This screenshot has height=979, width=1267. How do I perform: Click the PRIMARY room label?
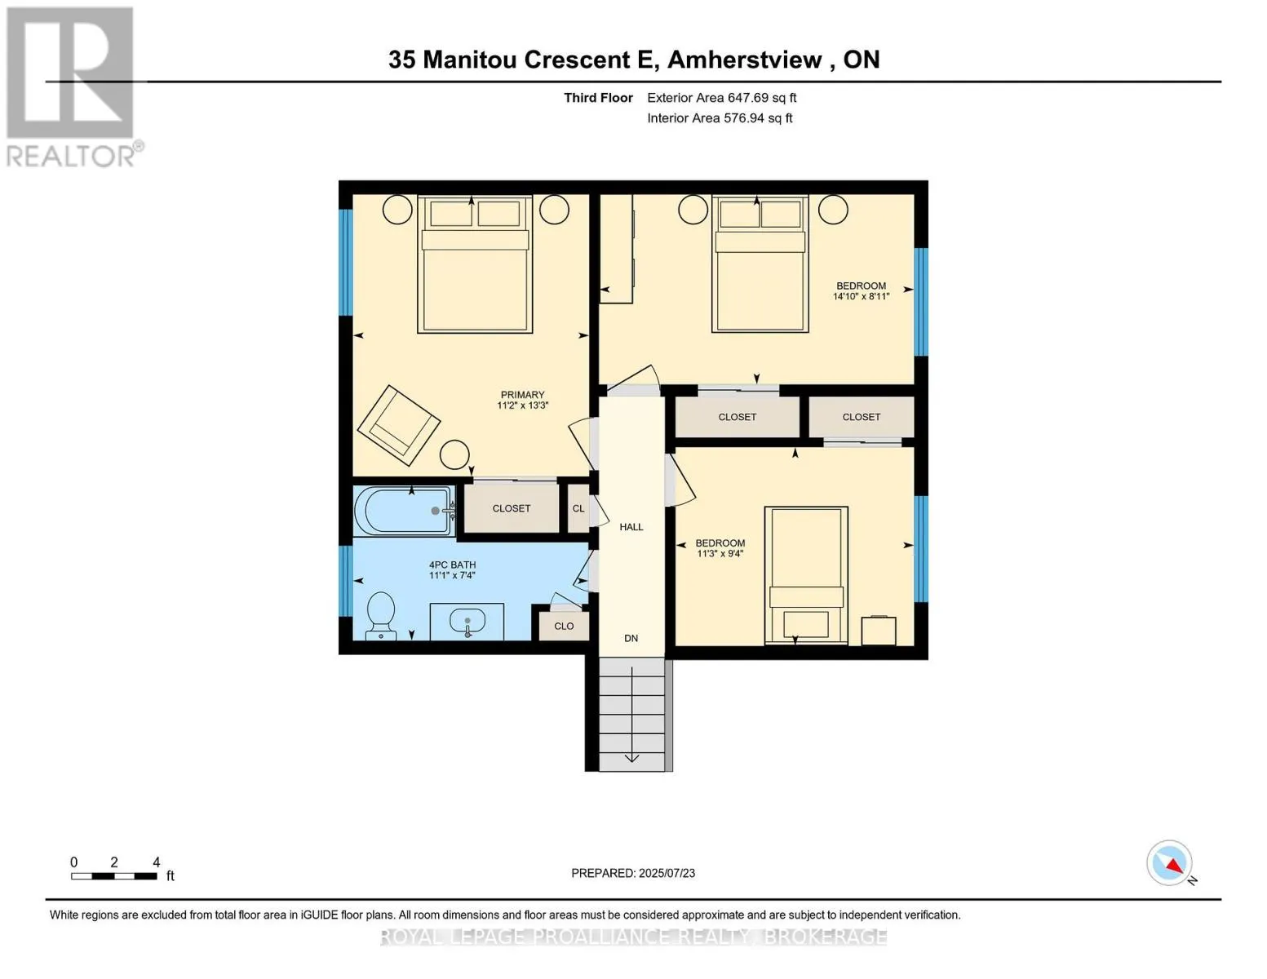[x=522, y=395]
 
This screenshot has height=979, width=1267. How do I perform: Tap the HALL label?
[x=631, y=527]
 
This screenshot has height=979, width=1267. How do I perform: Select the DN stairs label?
[x=631, y=638]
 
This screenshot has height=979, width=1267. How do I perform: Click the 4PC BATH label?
[x=452, y=565]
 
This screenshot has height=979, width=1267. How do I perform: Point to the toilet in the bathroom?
[x=381, y=615]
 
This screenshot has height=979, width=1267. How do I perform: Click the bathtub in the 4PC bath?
[x=403, y=511]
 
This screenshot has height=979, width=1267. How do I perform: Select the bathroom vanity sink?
[x=467, y=622]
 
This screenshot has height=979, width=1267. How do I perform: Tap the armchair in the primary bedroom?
[x=398, y=422]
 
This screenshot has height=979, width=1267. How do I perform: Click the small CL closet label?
[x=578, y=508]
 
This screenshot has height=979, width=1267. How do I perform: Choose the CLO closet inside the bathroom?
[x=564, y=626]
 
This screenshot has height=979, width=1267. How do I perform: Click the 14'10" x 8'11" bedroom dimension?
[x=861, y=297]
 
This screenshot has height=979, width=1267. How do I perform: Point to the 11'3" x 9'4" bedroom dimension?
[x=720, y=554]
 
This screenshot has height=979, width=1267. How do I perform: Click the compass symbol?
[x=1170, y=863]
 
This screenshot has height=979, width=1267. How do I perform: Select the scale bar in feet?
[x=114, y=876]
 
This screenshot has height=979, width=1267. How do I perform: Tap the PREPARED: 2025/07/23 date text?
[x=633, y=873]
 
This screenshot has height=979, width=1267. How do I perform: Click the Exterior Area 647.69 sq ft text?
[x=721, y=98]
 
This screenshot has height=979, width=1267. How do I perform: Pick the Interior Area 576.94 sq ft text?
[x=720, y=118]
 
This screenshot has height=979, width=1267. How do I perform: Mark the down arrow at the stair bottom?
[x=631, y=758]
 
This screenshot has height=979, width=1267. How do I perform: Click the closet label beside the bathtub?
[x=512, y=508]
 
